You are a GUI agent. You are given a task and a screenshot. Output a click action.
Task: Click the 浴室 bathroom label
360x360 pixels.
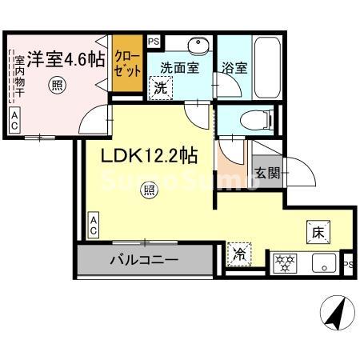tap(235, 68)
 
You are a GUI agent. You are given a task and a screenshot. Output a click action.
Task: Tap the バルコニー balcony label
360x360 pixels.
tap(144, 260)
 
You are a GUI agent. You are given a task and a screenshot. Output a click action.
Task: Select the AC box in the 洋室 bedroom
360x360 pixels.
tap(15, 121)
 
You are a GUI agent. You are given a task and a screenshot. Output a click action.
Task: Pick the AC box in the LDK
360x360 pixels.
tap(93, 225)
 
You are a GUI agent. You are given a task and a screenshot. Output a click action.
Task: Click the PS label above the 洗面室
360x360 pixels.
tap(154, 41)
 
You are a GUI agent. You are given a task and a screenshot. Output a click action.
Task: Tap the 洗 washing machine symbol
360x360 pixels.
tap(161, 89)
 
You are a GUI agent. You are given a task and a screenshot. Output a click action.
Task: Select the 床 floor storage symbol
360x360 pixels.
tap(317, 234)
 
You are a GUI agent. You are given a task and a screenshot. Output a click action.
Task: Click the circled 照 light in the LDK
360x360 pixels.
tap(148, 190)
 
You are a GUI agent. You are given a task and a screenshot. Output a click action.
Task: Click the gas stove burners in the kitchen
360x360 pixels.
tap(285, 261)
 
